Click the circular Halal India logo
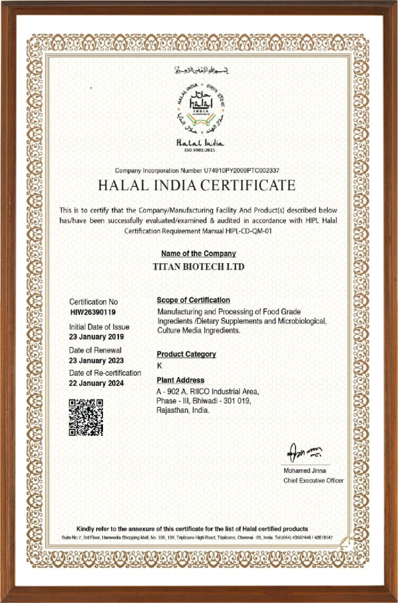[x=201, y=109]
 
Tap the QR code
[x=86, y=417]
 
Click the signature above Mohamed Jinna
[x=304, y=453]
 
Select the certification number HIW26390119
[x=93, y=312]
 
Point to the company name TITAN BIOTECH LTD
[x=198, y=267]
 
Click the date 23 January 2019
[x=97, y=337]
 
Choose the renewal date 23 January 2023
[x=97, y=360]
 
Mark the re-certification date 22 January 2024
[x=97, y=383]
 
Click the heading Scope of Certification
[x=193, y=300]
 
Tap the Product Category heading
[x=186, y=354]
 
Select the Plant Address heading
[x=180, y=380]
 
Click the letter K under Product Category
[x=160, y=366]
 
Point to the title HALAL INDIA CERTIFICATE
[x=197, y=185]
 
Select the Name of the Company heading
[x=198, y=254]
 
